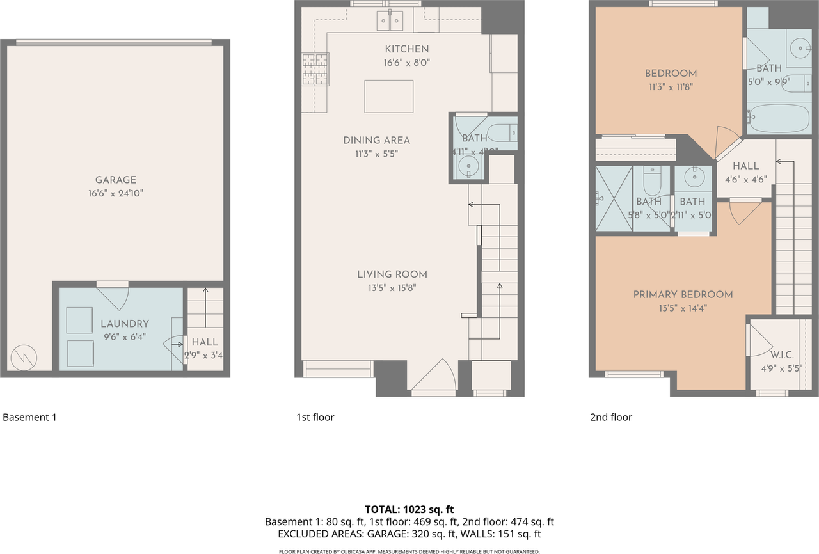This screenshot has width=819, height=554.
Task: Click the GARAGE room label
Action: click(116, 180)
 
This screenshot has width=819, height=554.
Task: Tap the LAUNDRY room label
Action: click(125, 324)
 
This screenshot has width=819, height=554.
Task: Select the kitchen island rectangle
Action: click(388, 96)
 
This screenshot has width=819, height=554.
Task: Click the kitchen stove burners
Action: click(315, 69)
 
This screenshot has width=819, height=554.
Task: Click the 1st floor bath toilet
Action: click(503, 134)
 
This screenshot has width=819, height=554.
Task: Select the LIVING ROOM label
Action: click(392, 274)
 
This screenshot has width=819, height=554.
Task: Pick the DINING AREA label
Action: click(376, 141)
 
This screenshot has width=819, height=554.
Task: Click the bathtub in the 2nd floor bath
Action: click(778, 118)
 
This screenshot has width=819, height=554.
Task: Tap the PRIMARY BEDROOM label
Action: click(683, 295)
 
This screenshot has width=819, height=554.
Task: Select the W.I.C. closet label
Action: click(782, 354)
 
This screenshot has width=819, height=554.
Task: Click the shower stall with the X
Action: click(613, 199)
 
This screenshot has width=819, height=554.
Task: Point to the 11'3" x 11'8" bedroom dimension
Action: click(671, 86)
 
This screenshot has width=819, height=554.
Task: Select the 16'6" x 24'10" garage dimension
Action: click(116, 193)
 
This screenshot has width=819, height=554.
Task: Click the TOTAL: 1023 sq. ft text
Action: click(409, 510)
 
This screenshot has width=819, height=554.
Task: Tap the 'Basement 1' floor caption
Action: click(30, 418)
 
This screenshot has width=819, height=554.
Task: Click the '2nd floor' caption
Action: click(610, 418)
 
